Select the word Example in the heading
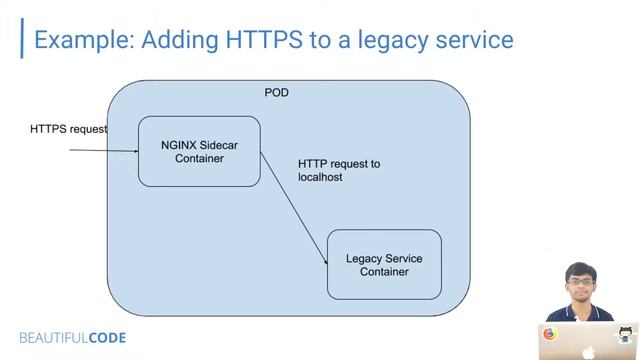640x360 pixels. [x=83, y=40]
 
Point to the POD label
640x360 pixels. [x=277, y=93]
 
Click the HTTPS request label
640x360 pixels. [x=68, y=129]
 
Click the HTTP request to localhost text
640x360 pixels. [x=339, y=170]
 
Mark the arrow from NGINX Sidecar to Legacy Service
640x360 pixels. [x=294, y=209]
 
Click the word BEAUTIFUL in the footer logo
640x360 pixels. [x=53, y=338]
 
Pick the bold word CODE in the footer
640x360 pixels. [x=107, y=338]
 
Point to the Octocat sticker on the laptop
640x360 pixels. [x=627, y=334]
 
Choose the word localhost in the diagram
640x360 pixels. [x=320, y=177]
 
